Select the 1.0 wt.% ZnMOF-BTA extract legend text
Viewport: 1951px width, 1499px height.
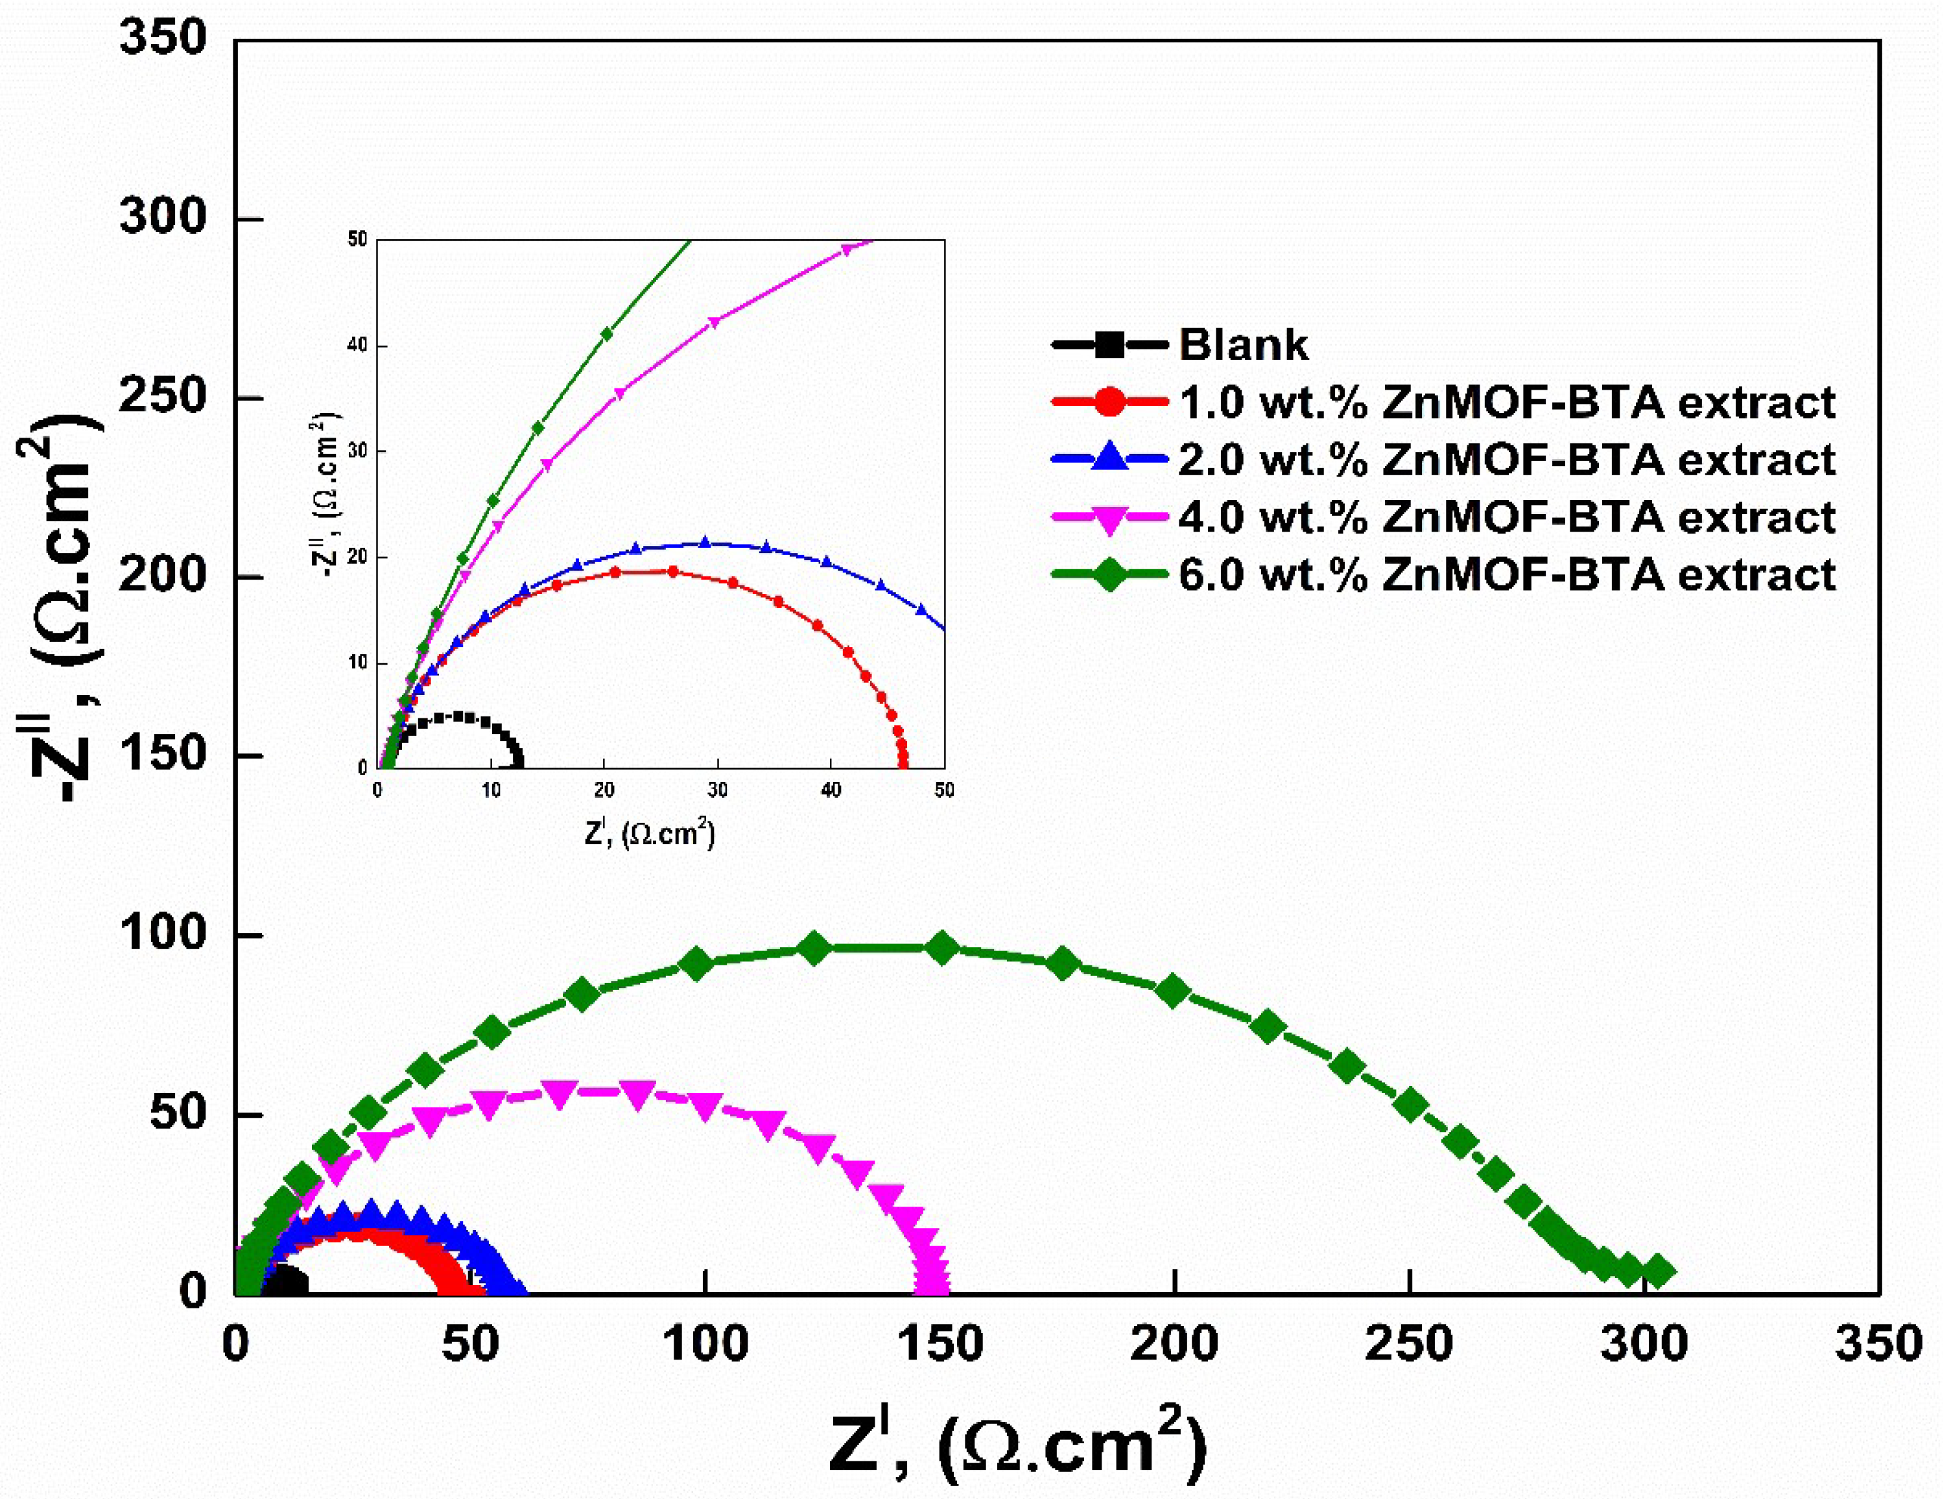tap(1506, 403)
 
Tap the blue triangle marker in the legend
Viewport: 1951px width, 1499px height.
tap(1109, 458)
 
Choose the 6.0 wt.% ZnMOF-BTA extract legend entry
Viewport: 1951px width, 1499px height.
tap(1506, 574)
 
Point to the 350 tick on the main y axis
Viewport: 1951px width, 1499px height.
tap(163, 40)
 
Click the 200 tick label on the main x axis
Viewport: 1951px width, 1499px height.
tap(1174, 1344)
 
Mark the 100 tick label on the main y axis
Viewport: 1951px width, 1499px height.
tap(163, 934)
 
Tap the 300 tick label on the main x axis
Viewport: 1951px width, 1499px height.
tap(1643, 1344)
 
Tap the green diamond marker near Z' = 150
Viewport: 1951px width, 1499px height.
tap(942, 948)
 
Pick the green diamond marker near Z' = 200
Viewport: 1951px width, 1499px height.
tap(1174, 991)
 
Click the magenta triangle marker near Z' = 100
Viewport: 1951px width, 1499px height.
tap(705, 1105)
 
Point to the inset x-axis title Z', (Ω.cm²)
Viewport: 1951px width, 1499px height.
tap(650, 834)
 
